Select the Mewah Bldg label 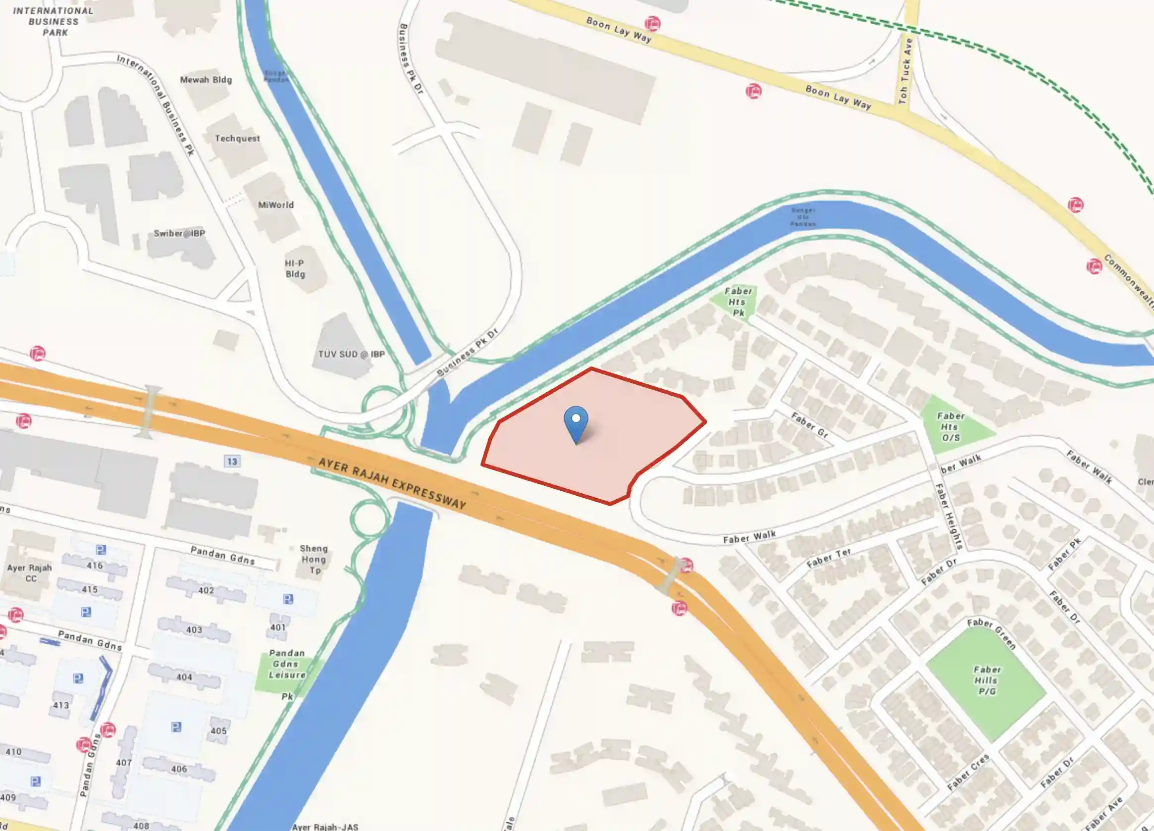tap(206, 80)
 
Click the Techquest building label tap(237, 138)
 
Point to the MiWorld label tap(276, 205)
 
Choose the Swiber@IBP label tap(179, 234)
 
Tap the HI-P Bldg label tap(295, 269)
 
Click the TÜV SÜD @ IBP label tap(351, 354)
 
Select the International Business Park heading tap(53, 21)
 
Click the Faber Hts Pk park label tap(738, 302)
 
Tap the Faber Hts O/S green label tap(950, 426)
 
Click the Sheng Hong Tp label tap(314, 559)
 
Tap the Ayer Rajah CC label tap(30, 573)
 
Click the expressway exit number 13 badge tap(232, 462)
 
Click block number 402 tap(206, 590)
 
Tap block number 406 tap(179, 769)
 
